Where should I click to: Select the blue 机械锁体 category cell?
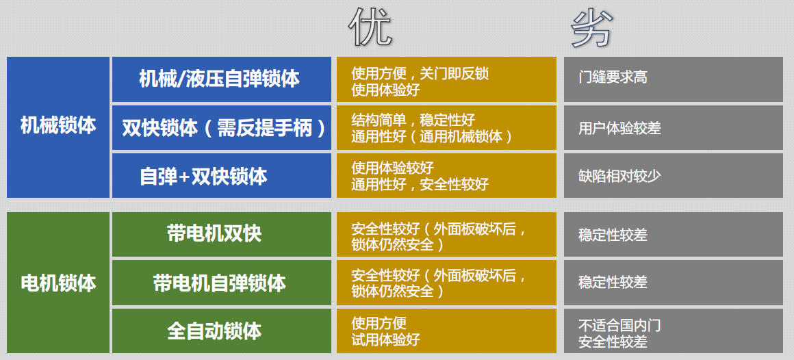pyautogui.click(x=58, y=127)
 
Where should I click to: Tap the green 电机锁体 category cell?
pyautogui.click(x=58, y=283)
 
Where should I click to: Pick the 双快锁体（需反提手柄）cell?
pyautogui.click(x=222, y=127)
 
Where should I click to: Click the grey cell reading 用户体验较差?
pyautogui.click(x=673, y=127)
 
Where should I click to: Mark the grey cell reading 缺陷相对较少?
pyautogui.click(x=673, y=176)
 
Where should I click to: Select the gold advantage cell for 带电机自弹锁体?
pyautogui.click(x=446, y=283)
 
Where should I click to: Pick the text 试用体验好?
pyautogui.click(x=385, y=339)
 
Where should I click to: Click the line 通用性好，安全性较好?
pyautogui.click(x=420, y=184)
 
